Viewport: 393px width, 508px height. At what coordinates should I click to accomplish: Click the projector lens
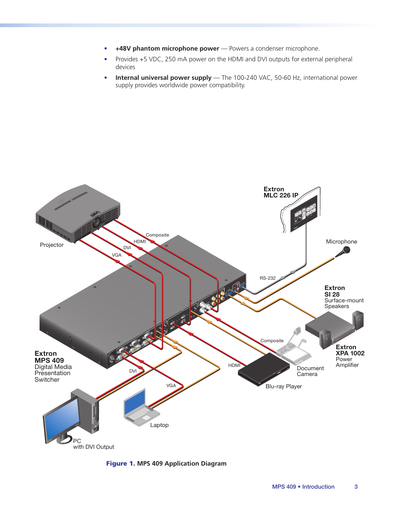97,222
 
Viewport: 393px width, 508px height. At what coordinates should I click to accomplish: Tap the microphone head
346,250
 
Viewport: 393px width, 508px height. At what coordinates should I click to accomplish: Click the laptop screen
135,401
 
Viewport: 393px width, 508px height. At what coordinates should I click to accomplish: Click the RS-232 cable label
267,278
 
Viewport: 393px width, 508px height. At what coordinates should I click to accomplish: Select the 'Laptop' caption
159,425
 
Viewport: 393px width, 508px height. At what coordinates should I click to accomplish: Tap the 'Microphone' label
342,241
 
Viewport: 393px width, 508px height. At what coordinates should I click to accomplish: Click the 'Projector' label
51,245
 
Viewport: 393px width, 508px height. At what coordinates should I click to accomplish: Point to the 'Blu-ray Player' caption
283,386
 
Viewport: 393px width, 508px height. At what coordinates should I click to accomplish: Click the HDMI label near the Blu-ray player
234,365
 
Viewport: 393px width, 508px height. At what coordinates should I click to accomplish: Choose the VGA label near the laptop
171,385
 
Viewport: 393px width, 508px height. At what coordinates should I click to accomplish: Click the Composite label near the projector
157,235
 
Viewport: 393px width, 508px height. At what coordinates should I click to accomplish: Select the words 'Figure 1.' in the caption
120,463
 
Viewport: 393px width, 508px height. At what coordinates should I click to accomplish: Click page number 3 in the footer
356,487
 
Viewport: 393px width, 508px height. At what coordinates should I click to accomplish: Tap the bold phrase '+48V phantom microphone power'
167,49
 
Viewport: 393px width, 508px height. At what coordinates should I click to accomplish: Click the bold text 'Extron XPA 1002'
350,350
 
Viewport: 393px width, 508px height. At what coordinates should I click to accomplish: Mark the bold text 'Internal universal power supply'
163,78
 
